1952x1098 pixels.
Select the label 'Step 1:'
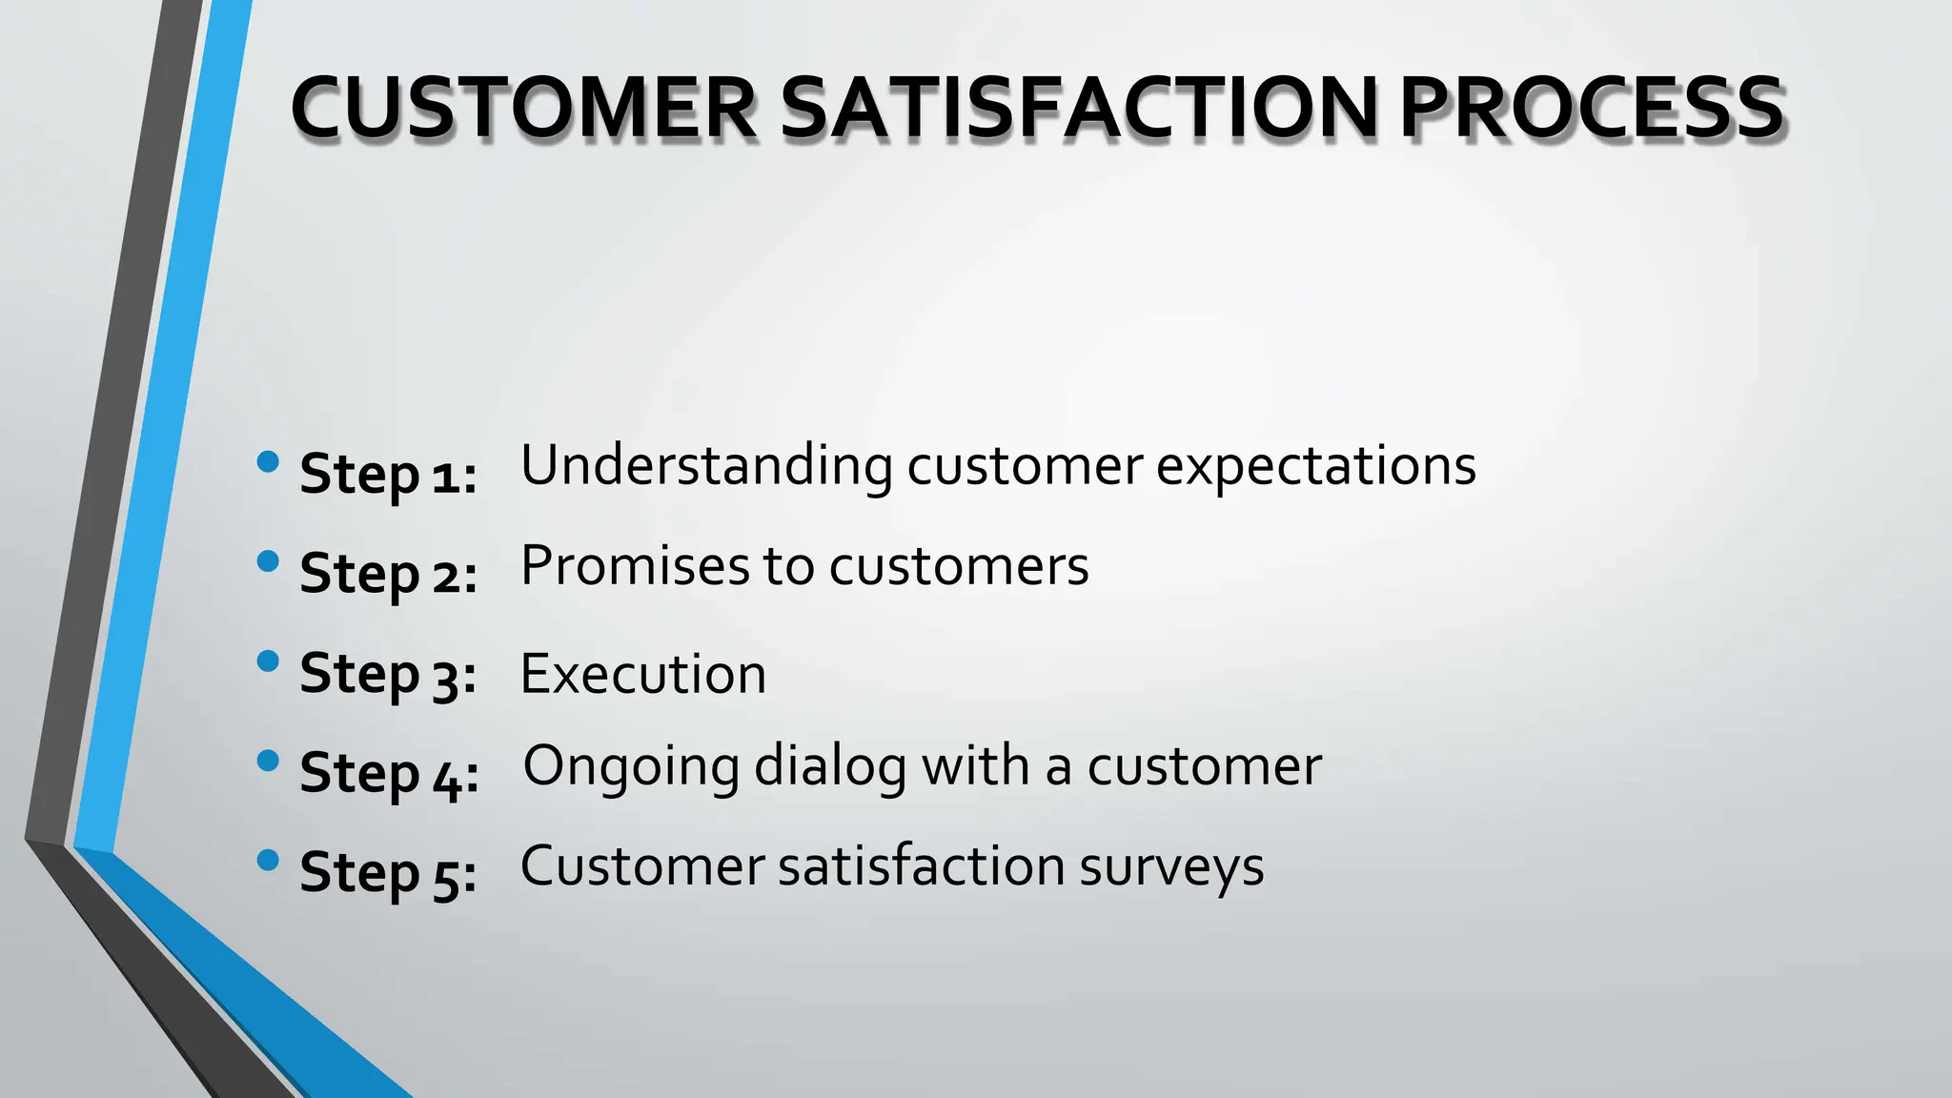point(388,474)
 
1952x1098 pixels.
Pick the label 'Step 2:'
point(388,574)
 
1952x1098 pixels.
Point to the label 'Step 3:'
point(388,674)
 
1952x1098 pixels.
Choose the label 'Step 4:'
point(389,773)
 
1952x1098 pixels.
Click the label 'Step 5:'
point(388,873)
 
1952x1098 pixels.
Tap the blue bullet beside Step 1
point(268,462)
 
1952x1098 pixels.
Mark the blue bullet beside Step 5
point(268,861)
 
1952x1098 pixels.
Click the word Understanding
point(706,466)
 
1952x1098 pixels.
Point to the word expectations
point(1315,466)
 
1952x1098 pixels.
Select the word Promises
point(635,566)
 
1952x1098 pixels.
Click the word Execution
point(642,674)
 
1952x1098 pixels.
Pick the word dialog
point(830,766)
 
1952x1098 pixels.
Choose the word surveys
point(1171,866)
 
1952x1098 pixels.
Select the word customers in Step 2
point(959,566)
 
